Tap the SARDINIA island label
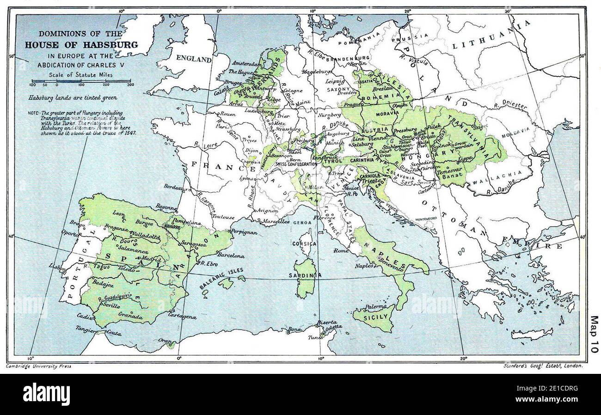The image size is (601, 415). pyautogui.click(x=307, y=276)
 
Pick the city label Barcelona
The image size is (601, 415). pyautogui.click(x=230, y=254)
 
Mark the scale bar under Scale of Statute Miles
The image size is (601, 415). pyautogui.click(x=81, y=81)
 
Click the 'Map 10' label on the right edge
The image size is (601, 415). pyautogui.click(x=594, y=334)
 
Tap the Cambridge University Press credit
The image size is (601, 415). pyautogui.click(x=38, y=366)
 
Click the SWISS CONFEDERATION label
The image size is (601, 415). pyautogui.click(x=296, y=164)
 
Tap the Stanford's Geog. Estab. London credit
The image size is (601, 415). pyautogui.click(x=544, y=366)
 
